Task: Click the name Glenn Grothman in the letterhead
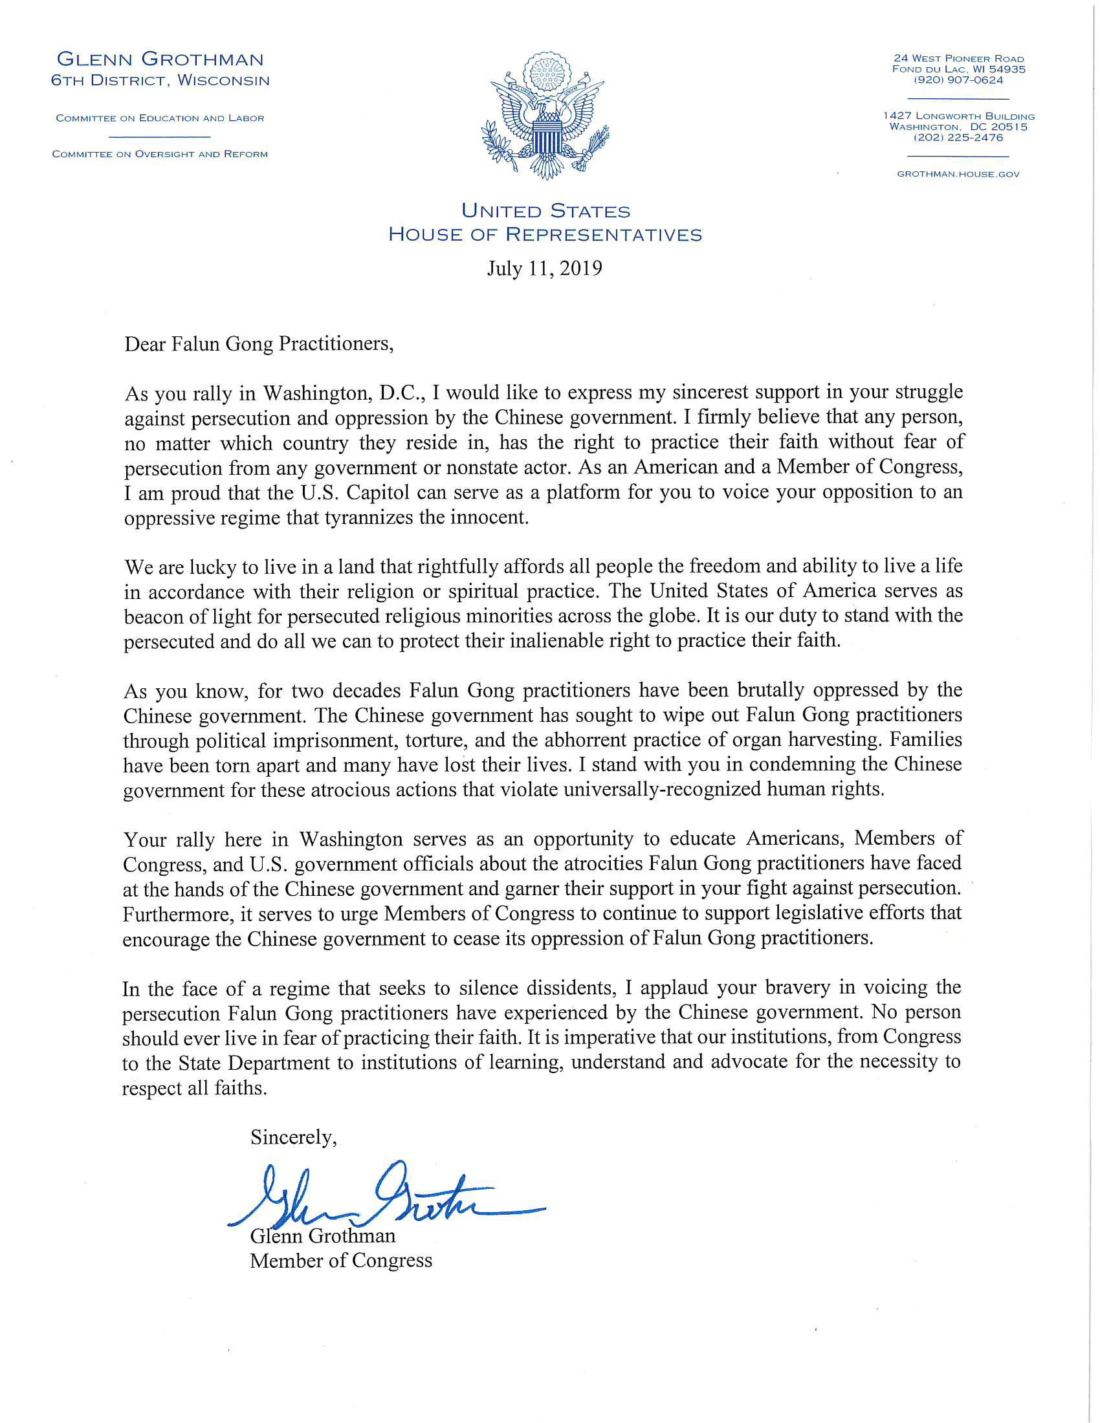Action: pos(160,60)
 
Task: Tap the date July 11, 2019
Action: pos(544,268)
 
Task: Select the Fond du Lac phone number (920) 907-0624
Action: pos(958,80)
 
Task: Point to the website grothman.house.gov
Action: pos(958,174)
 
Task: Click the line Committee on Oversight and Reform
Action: pos(160,155)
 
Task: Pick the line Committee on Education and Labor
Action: pos(160,118)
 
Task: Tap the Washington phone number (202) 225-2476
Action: pos(958,138)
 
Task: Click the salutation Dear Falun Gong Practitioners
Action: pos(259,343)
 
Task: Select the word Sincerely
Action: pos(293,1138)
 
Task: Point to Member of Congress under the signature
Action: pos(341,1261)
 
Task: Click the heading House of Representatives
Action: pos(545,235)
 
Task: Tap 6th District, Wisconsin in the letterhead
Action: pos(160,81)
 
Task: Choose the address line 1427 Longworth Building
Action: pos(958,116)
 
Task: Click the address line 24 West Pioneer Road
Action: pos(958,59)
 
